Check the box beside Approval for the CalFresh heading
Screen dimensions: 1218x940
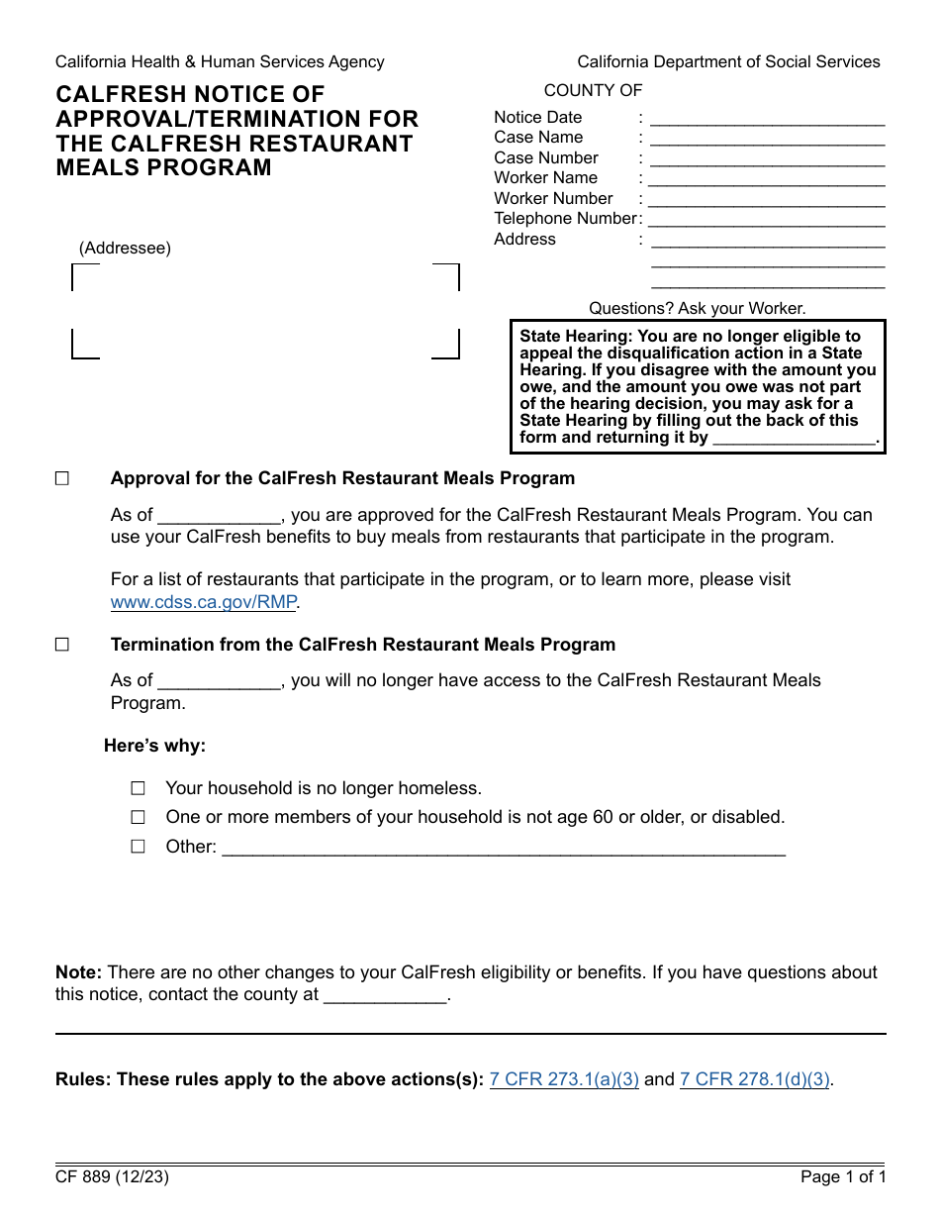pyautogui.click(x=62, y=478)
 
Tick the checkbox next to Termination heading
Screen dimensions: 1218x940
pyautogui.click(x=62, y=645)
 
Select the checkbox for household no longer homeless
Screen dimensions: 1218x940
pyautogui.click(x=139, y=788)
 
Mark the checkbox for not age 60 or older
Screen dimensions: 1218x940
pyautogui.click(x=139, y=817)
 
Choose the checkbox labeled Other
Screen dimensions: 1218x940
pyautogui.click(x=139, y=846)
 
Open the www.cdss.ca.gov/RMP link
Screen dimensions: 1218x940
pyautogui.click(x=204, y=601)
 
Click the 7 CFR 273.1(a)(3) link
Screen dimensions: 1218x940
pyautogui.click(x=564, y=1079)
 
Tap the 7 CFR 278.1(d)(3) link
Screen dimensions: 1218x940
pyautogui.click(x=754, y=1079)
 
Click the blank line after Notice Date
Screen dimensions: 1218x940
pyautogui.click(x=767, y=119)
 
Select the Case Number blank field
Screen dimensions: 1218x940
pyautogui.click(x=767, y=159)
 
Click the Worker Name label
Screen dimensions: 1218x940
pyautogui.click(x=545, y=177)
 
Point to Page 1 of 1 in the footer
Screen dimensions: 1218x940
pyautogui.click(x=843, y=1177)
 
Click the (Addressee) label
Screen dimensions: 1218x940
pyautogui.click(x=125, y=248)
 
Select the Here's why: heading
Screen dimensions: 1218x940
pyautogui.click(x=154, y=746)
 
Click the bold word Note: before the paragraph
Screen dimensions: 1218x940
pyautogui.click(x=78, y=972)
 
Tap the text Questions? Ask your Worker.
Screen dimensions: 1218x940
pyautogui.click(x=697, y=308)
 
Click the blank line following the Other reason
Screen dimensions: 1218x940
pyautogui.click(x=504, y=849)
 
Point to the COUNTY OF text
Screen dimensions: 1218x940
pyautogui.click(x=593, y=90)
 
